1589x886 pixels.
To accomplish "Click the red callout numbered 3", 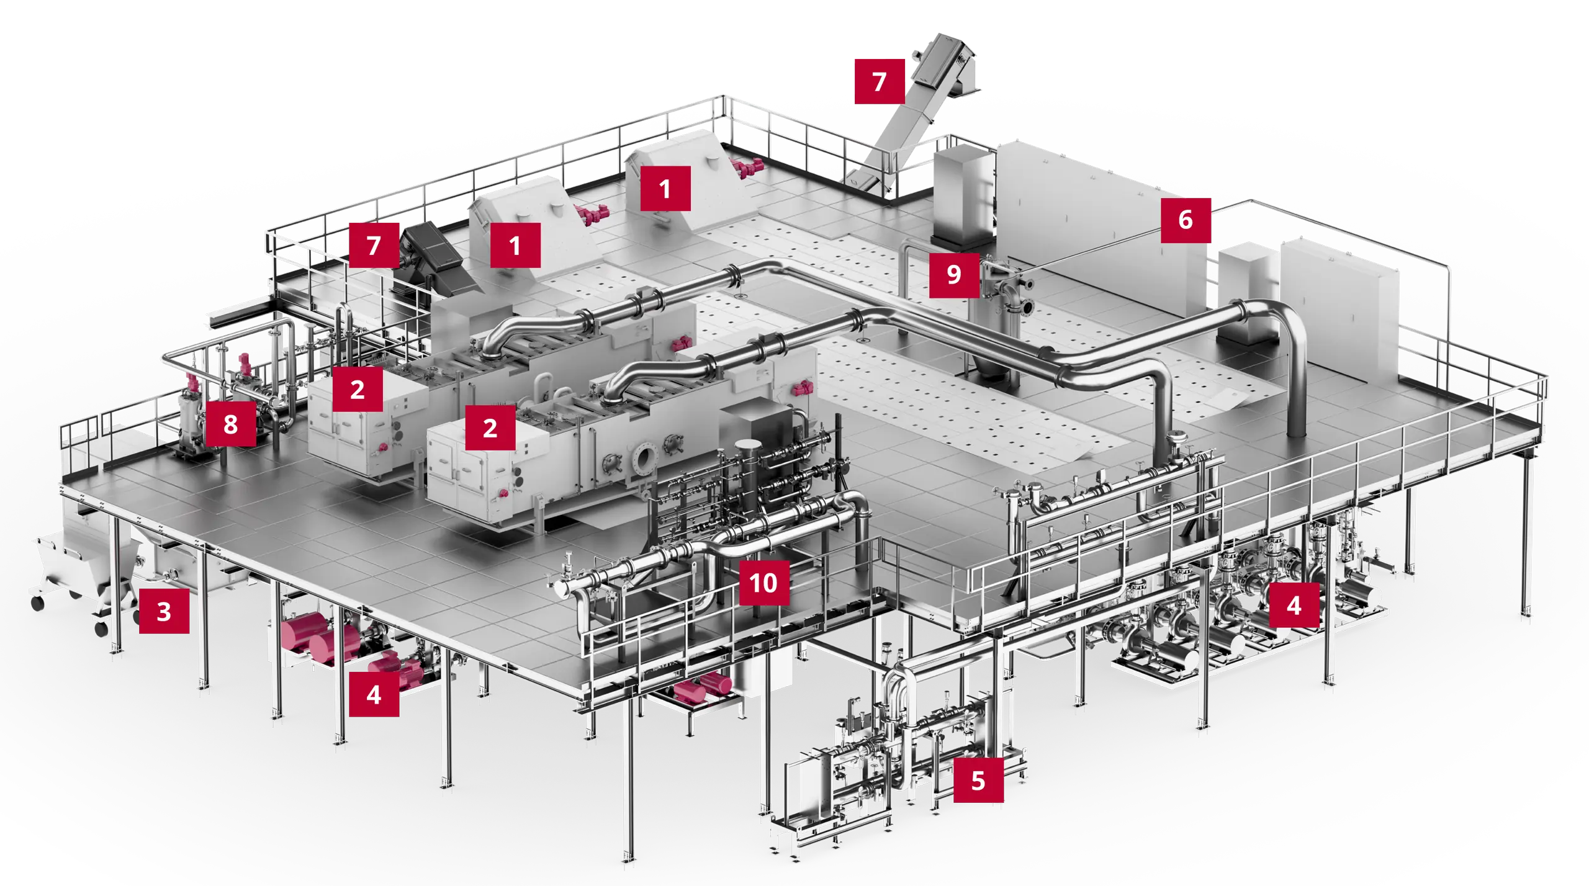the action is [x=164, y=611].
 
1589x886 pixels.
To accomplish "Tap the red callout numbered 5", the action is [x=978, y=780].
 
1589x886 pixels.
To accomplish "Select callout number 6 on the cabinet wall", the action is [x=1186, y=220].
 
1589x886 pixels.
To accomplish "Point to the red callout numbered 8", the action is [x=230, y=424].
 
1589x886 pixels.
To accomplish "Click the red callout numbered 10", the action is [x=764, y=583].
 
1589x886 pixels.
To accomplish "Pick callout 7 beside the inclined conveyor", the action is [x=880, y=81].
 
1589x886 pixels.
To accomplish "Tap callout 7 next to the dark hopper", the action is [x=374, y=246].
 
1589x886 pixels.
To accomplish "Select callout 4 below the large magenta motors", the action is [x=374, y=694].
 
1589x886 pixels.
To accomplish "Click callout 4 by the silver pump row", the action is [x=1294, y=605].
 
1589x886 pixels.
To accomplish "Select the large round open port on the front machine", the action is [x=645, y=459].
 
